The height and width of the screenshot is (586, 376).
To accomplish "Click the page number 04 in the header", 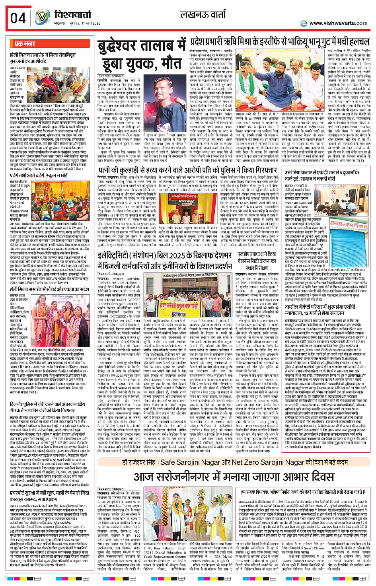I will [x=18, y=18].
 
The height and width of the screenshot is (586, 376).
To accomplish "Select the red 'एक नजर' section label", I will [x=25, y=44].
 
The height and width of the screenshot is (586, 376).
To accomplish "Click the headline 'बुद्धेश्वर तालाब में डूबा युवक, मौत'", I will [x=141, y=55].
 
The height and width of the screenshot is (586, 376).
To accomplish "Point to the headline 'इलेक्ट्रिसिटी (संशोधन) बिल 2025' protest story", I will [x=165, y=261].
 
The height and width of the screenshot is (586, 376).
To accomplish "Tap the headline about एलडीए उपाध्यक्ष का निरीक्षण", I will [x=257, y=261].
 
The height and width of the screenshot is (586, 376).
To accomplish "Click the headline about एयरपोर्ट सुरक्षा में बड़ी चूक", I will [x=50, y=495].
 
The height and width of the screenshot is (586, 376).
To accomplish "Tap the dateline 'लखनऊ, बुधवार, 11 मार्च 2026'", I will [x=75, y=24].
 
